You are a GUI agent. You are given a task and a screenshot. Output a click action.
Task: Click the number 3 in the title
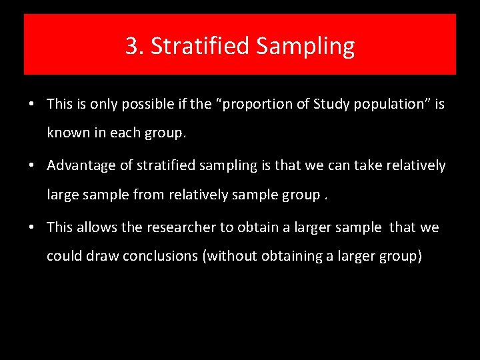[x=132, y=47]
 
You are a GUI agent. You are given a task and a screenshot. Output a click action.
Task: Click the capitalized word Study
[x=328, y=104]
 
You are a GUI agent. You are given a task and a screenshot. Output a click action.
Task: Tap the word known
[x=67, y=133]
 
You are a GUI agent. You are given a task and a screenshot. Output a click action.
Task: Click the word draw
[x=102, y=256]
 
